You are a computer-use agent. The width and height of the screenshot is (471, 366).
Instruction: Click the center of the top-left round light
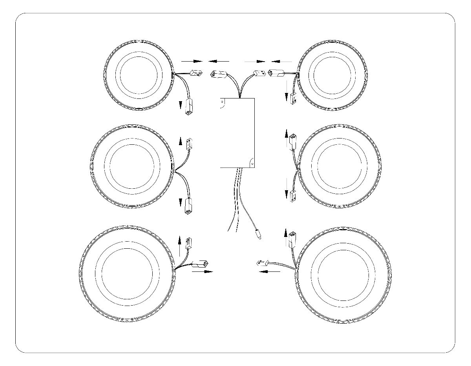(138, 73)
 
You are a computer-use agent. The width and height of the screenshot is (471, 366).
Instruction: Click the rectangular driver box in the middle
(237, 133)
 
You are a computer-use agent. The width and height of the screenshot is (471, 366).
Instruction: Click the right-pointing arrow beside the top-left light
(192, 61)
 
